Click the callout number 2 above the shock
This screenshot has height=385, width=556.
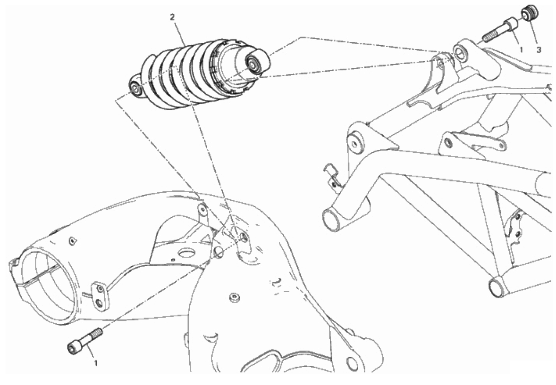click(x=172, y=17)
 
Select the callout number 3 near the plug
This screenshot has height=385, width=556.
click(x=539, y=50)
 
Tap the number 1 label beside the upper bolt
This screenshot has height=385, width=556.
click(x=521, y=50)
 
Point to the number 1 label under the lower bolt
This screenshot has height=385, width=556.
click(x=96, y=363)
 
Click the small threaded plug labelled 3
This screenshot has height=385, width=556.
click(x=530, y=14)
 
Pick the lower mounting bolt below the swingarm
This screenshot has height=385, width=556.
click(x=85, y=340)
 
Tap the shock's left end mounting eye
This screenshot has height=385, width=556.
click(x=136, y=88)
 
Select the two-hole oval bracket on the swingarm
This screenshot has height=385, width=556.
click(x=100, y=295)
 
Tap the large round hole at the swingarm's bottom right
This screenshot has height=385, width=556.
click(x=352, y=364)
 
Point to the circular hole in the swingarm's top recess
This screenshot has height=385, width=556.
click(x=186, y=253)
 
